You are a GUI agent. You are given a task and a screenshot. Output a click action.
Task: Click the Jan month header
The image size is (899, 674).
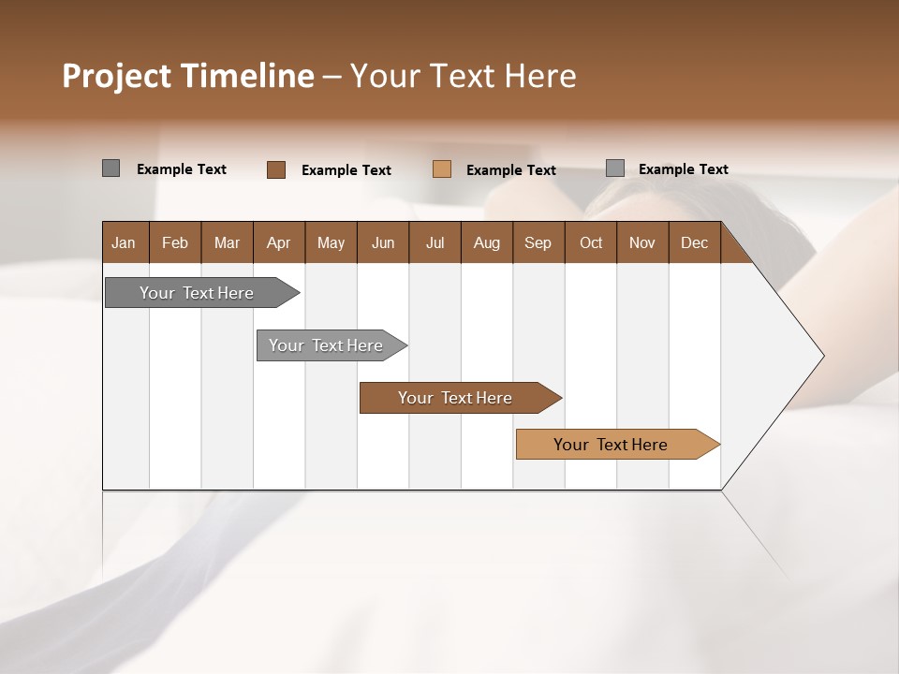pos(124,242)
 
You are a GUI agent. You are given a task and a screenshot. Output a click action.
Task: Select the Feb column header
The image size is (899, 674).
pos(175,242)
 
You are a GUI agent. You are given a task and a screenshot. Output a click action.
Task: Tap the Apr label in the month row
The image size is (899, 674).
pos(278,242)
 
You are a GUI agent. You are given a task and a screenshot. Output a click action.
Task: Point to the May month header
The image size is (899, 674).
pos(331,242)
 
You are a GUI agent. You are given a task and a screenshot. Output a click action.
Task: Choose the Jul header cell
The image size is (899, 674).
pos(435,242)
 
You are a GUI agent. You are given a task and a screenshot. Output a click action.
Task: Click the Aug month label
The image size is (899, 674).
pos(486,242)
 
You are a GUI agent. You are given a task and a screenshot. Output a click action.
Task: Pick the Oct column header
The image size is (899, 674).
pos(591,242)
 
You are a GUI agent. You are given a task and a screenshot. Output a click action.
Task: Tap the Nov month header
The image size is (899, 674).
pos(642,242)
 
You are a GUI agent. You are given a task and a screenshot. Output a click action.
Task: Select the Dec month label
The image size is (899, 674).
pos(694,242)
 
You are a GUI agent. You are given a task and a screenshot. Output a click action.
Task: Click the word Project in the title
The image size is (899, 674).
pos(115,76)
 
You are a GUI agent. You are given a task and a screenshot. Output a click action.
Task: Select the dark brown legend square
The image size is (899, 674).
pos(276,169)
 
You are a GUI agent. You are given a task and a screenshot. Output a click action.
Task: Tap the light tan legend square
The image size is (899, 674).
pos(442,169)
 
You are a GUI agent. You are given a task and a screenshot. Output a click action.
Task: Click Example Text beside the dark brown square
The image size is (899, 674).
pos(346,170)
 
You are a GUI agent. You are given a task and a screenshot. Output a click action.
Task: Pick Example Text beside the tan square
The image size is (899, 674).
pos(510,170)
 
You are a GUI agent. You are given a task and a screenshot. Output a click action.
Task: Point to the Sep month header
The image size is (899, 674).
pos(538,242)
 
